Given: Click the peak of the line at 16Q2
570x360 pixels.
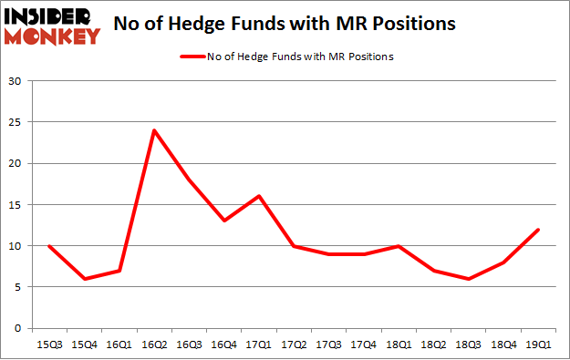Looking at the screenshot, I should tap(153, 130).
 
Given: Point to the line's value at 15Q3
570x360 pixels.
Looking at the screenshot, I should tap(48, 246).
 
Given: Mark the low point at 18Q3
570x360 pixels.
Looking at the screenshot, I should tap(467, 279).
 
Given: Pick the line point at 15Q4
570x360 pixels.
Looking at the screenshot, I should tap(84, 279).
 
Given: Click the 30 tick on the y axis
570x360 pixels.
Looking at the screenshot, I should tap(16, 81).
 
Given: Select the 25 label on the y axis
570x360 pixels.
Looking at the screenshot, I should tap(16, 122).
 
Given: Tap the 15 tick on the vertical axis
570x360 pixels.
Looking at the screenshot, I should tap(16, 205).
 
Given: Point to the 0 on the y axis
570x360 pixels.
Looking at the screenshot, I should tap(18, 328).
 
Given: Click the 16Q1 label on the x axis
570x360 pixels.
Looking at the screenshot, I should tap(119, 345).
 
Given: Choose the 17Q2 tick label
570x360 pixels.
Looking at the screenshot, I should tap(293, 345).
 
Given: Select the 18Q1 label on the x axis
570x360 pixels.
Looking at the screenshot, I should tap(397, 345).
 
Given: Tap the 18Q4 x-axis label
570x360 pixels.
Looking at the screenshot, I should tap(502, 345).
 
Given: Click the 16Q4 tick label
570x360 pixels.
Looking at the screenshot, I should tap(223, 345).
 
